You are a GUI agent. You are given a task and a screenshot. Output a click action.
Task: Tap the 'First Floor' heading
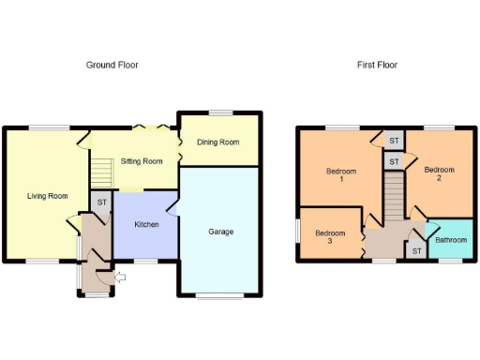[x=377, y=65]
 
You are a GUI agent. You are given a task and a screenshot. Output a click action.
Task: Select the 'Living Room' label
[x=47, y=196]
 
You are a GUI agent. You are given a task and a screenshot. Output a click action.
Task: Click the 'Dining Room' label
[x=217, y=142]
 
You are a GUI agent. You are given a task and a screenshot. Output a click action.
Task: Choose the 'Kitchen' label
[x=145, y=225]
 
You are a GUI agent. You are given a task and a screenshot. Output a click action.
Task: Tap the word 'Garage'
[x=220, y=231]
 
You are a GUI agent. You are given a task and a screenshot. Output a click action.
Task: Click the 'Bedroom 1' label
[x=341, y=175]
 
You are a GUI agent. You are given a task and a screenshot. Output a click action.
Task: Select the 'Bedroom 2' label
[x=439, y=174]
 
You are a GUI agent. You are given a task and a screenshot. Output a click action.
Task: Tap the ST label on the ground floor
[x=101, y=202]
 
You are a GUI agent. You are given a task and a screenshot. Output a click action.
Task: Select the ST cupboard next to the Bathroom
[x=415, y=249]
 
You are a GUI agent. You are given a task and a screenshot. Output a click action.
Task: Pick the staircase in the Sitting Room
[x=100, y=172]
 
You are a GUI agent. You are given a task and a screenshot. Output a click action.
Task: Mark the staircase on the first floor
[x=394, y=198]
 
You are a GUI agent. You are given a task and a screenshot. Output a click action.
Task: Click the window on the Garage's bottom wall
[x=220, y=296]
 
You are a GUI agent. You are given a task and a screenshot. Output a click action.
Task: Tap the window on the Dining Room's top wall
[x=220, y=113]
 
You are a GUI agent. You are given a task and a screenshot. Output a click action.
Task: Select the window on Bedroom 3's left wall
[x=297, y=230]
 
